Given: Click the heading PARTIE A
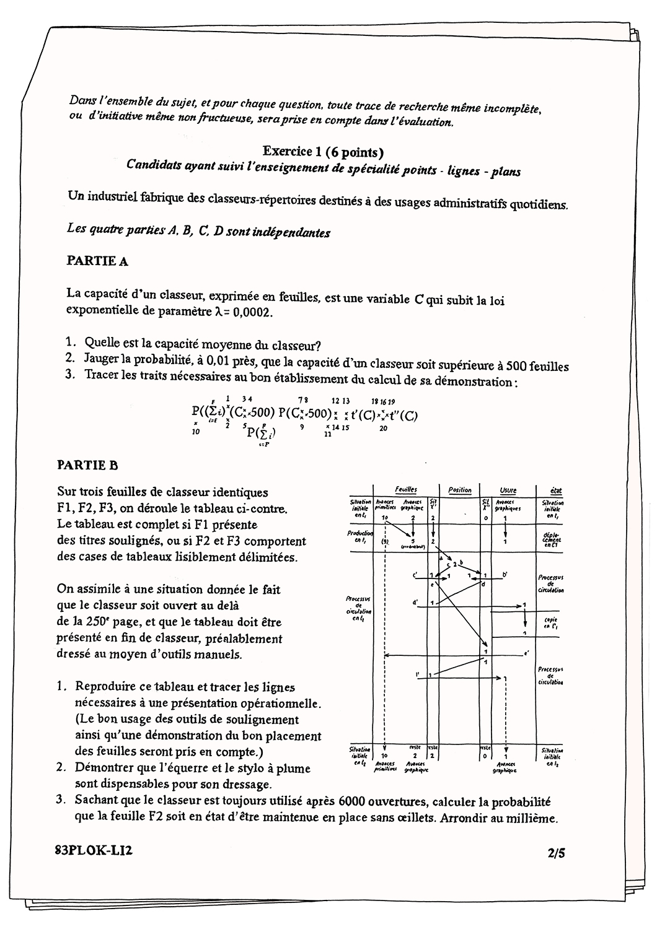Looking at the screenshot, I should click(97, 261).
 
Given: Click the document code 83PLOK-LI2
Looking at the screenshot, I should click(93, 851).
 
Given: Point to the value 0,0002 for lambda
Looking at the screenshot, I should click(253, 313).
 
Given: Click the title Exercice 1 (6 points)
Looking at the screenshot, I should click(323, 151).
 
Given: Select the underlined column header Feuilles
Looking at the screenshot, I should click(406, 489).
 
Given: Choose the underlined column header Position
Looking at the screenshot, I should click(459, 490).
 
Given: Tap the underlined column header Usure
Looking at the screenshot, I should click(508, 490).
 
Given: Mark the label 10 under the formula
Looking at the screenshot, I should click(196, 432).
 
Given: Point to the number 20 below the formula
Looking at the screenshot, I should click(383, 429).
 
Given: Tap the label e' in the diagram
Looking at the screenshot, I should click(526, 653).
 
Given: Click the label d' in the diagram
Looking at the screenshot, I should click(414, 601).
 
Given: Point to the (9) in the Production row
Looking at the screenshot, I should click(385, 541).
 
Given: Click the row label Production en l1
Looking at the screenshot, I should click(361, 536).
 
